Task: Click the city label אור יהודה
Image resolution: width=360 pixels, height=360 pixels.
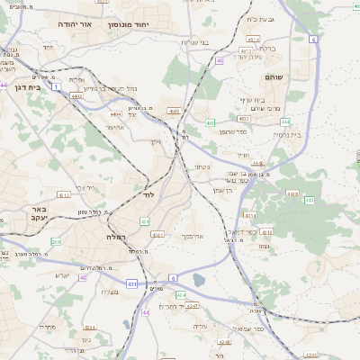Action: pos(74,24)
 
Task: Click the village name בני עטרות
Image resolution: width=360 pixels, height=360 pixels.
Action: pos(194,42)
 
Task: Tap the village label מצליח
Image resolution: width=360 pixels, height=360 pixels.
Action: pos(110,291)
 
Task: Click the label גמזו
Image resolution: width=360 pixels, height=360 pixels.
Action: pos(265,247)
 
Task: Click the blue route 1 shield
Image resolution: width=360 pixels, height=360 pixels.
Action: pos(57,87)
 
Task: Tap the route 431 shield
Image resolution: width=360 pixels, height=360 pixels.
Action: pos(132,284)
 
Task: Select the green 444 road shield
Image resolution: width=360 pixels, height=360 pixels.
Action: pos(284,121)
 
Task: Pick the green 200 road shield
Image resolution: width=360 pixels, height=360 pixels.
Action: pos(56,242)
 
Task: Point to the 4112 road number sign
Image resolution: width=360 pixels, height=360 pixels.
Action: pos(63,193)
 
